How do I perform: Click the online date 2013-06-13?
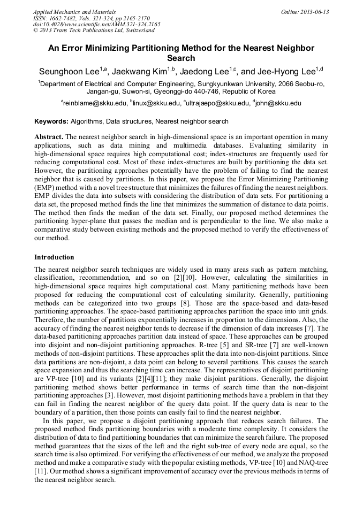[313, 12]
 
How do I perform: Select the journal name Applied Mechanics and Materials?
[74, 12]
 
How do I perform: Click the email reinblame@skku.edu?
[95, 103]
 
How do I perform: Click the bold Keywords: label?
[51, 121]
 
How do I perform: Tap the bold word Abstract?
[49, 137]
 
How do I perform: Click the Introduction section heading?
[54, 257]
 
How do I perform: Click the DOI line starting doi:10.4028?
[96, 24]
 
